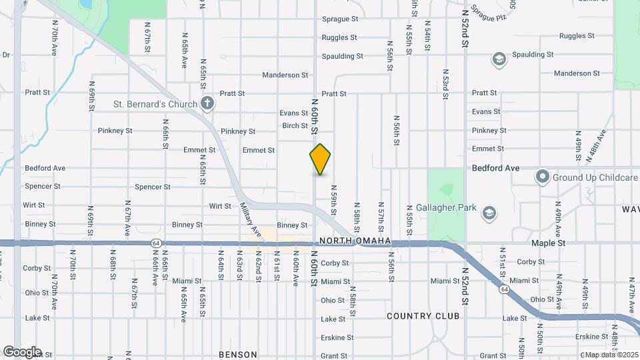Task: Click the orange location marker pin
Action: [320, 159]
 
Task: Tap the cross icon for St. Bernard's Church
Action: [207, 103]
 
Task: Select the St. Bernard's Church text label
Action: [155, 104]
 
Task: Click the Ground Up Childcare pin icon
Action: [542, 177]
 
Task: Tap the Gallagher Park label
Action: [447, 208]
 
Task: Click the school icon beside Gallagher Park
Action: [489, 213]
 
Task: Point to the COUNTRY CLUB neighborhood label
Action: [423, 315]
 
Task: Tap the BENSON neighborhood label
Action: [238, 355]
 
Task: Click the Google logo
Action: [22, 352]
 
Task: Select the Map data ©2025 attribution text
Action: [611, 355]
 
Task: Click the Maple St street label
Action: [548, 243]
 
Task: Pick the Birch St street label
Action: [295, 125]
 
